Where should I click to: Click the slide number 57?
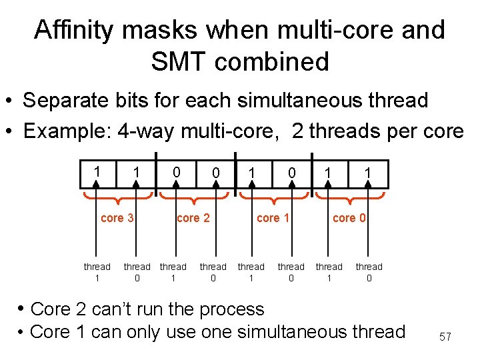point(445,337)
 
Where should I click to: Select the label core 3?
point(117,218)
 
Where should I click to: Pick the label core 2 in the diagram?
point(193,218)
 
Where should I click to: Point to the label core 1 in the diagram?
point(273,218)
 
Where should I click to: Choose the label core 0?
point(349,218)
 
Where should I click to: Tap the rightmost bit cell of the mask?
point(367,173)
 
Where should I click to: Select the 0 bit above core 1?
point(291,173)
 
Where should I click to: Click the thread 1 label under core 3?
point(97,272)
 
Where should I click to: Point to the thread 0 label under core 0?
point(369,272)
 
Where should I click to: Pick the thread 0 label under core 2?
point(213,272)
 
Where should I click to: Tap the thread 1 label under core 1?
point(251,272)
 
